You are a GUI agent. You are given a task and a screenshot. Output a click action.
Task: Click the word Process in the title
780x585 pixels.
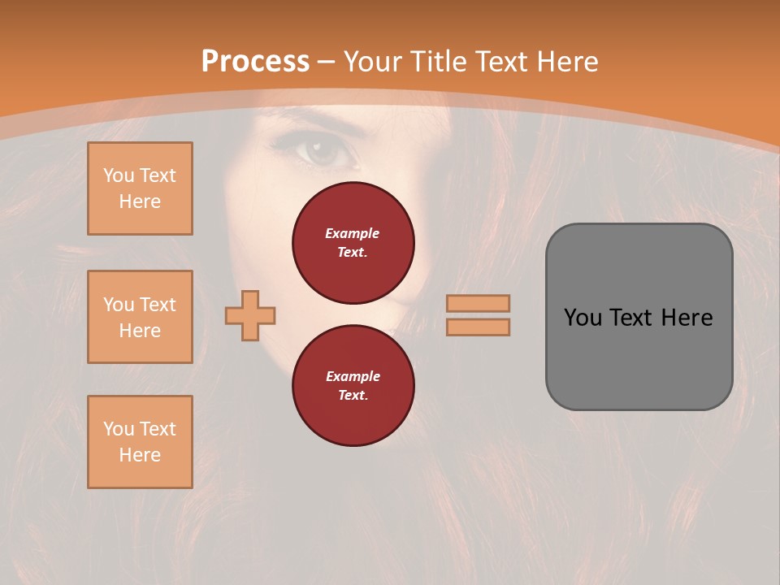(255, 62)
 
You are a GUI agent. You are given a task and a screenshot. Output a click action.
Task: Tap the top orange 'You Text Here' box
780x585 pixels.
(140, 188)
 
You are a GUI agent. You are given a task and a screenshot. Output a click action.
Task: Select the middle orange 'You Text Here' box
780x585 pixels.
(140, 317)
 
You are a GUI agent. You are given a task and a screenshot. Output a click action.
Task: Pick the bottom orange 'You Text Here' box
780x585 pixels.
(140, 442)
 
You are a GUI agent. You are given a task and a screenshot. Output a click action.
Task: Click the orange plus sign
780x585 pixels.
(250, 315)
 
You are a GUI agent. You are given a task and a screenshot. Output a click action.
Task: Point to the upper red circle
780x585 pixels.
(353, 242)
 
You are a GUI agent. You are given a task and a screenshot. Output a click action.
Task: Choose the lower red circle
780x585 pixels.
(353, 385)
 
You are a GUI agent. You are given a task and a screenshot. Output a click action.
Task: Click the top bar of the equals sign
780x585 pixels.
(478, 303)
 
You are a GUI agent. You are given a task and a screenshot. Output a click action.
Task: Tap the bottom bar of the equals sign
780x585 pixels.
(478, 327)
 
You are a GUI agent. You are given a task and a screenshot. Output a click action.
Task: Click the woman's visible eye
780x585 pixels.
(323, 151)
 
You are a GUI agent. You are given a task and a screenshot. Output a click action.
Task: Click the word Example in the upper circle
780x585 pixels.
(353, 233)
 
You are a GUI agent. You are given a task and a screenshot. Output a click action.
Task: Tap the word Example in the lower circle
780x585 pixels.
(353, 376)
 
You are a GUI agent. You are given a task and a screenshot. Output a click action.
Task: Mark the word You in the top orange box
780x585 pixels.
(119, 175)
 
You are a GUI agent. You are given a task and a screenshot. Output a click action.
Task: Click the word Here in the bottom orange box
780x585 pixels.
(140, 455)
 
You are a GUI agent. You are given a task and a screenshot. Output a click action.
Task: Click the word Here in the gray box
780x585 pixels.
(687, 318)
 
